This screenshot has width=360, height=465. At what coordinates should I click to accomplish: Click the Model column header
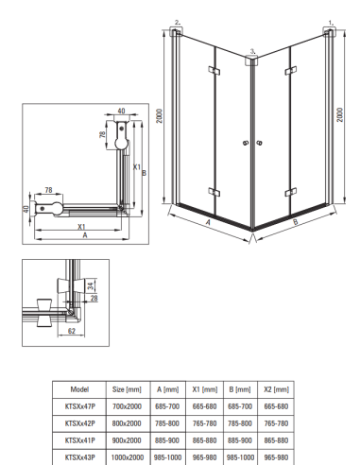tap(80, 389)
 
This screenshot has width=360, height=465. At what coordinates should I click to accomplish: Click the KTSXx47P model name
tap(80, 406)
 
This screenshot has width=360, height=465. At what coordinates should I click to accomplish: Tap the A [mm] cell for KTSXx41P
tap(166, 439)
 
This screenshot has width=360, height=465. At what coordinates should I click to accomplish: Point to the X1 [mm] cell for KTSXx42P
tap(204, 422)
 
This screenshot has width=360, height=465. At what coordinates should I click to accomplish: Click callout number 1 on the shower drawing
tap(330, 21)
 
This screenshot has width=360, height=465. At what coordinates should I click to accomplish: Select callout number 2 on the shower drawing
tap(176, 21)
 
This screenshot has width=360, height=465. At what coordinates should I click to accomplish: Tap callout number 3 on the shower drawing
tap(250, 49)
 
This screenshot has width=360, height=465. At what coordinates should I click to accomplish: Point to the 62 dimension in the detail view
tap(72, 333)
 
